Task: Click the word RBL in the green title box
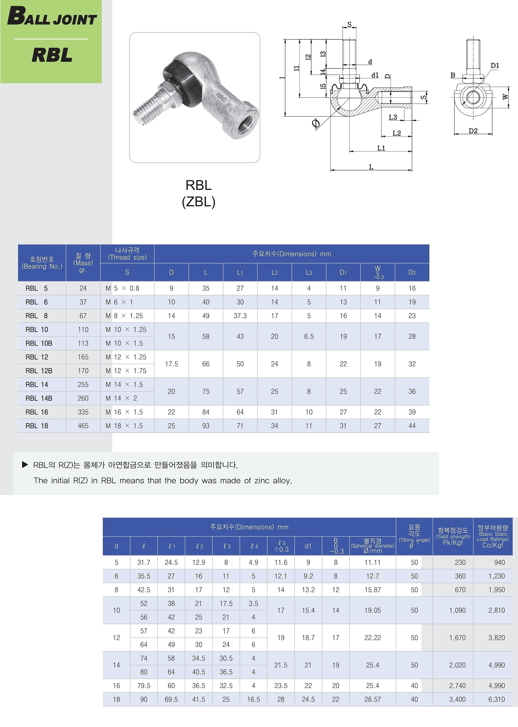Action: [52, 55]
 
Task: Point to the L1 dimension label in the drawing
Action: [381, 148]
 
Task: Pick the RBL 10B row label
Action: [39, 344]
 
